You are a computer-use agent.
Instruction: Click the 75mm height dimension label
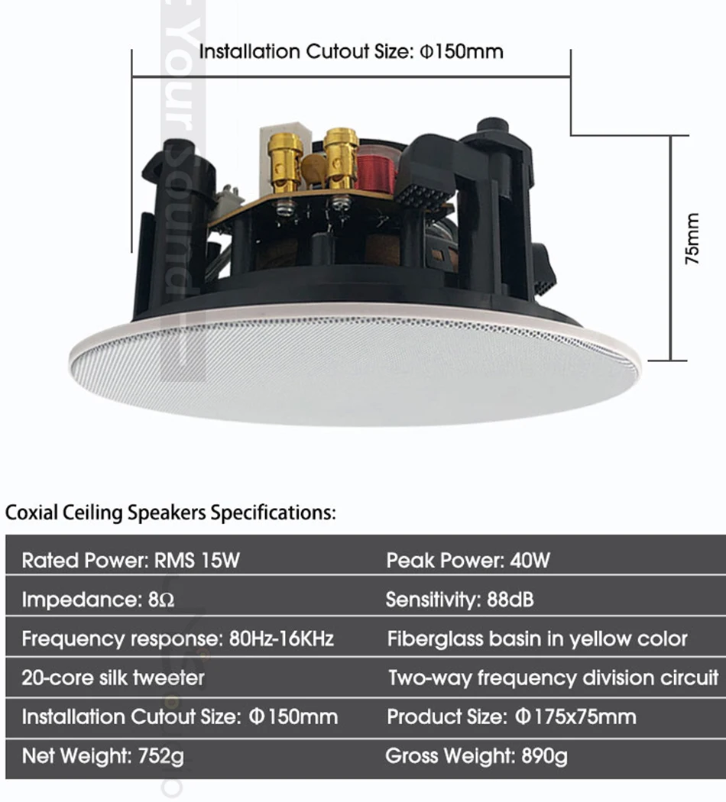pos(692,239)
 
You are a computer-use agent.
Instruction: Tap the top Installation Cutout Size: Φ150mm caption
pos(351,52)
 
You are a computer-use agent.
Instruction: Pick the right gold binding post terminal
pos(341,156)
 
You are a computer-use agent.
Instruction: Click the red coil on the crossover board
pos(377,170)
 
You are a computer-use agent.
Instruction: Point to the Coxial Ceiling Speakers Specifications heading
pos(170,513)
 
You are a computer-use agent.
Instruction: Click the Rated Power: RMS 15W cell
pos(131,561)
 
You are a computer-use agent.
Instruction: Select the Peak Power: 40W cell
pos(468,561)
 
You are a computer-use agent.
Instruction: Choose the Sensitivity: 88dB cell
pos(459,600)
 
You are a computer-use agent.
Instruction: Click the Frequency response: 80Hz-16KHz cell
pos(177,639)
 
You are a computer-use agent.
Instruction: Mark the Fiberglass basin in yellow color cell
pos(537,639)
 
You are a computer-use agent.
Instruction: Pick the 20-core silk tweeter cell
pos(113,677)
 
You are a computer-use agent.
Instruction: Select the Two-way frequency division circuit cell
pos(553,677)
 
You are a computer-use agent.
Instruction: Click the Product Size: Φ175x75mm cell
pos(511,717)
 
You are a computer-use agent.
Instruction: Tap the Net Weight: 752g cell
pos(103,756)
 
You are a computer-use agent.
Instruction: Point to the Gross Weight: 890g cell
pos(476,756)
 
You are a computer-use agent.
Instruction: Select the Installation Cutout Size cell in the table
pos(180,717)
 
